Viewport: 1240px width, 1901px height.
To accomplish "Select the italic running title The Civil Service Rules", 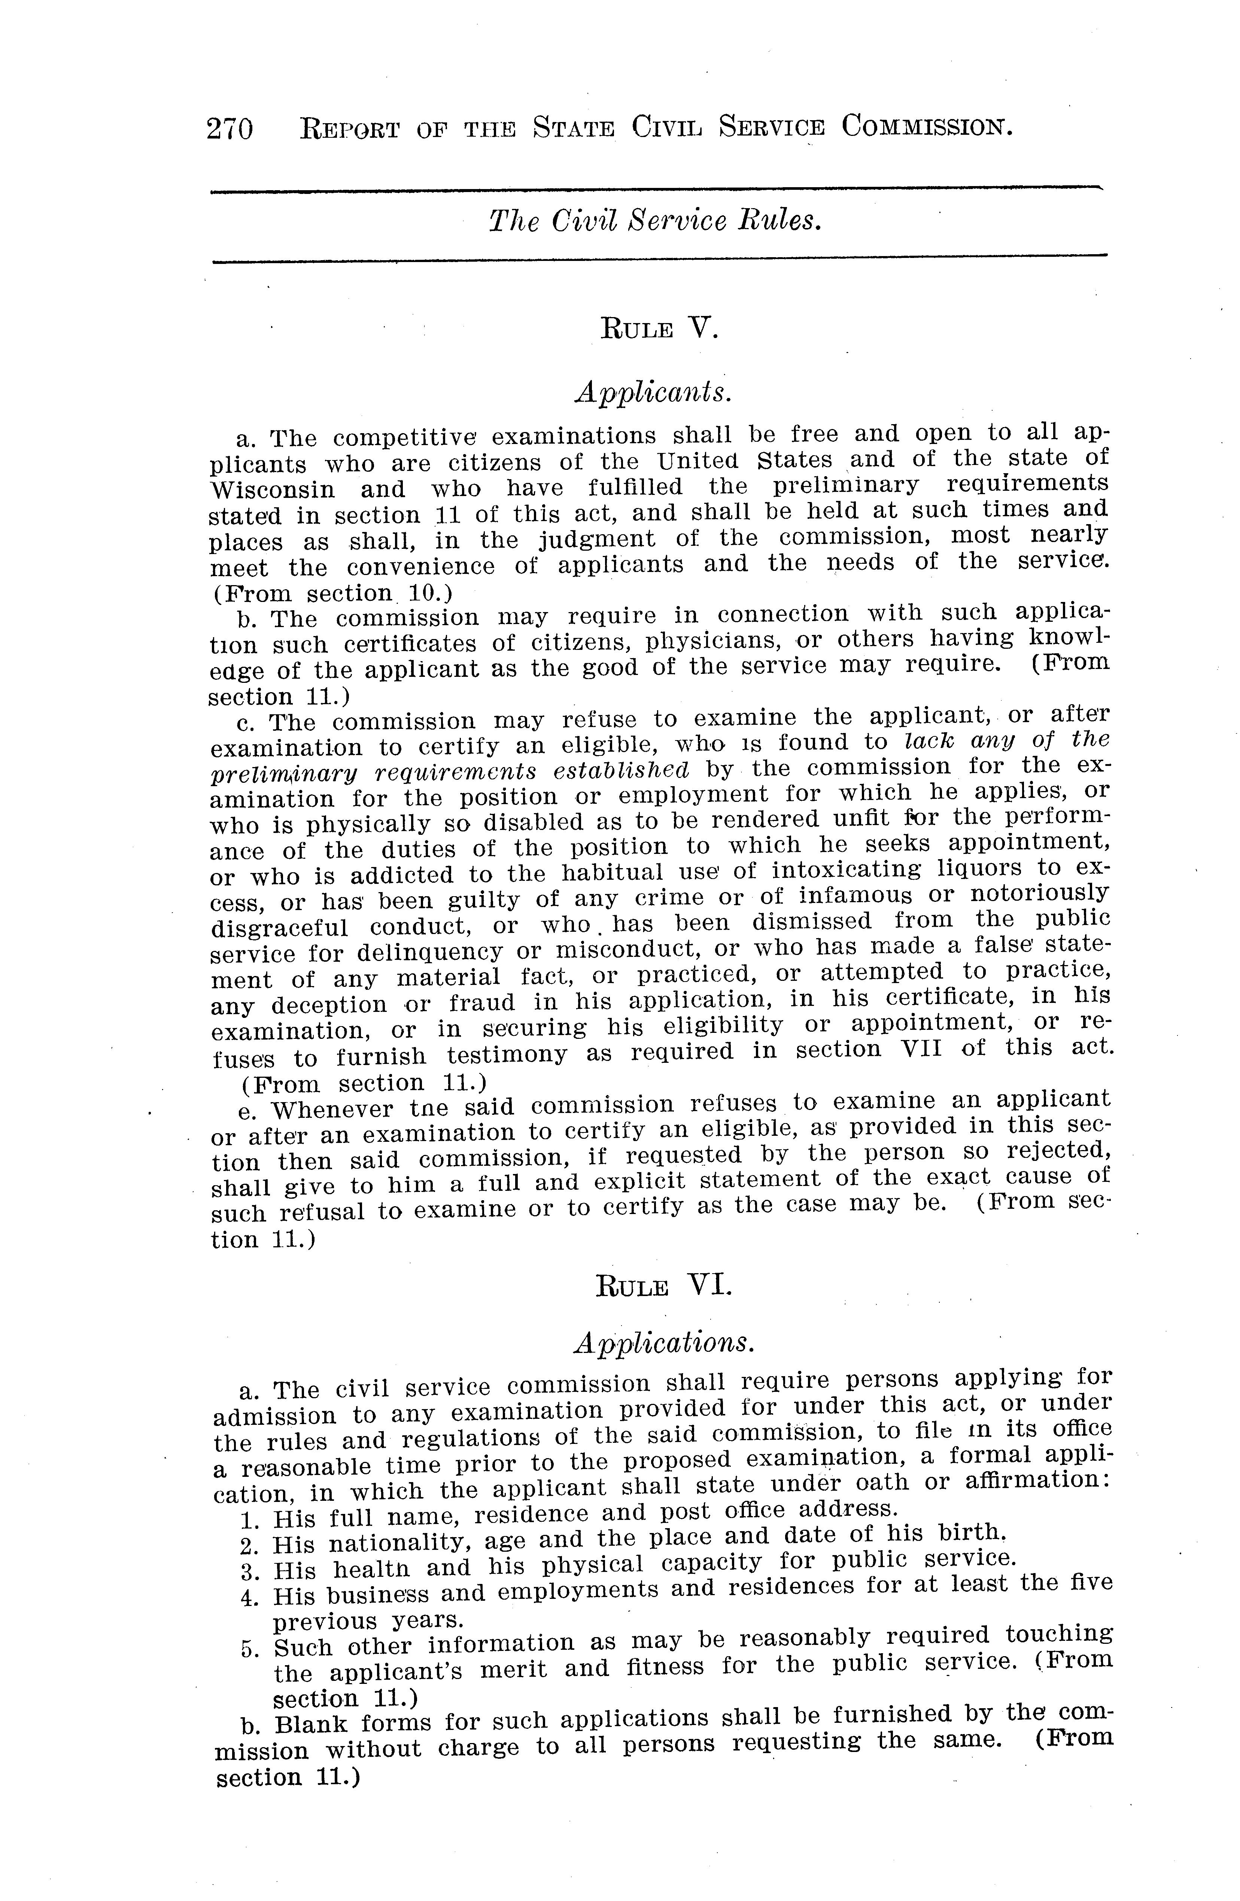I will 655,221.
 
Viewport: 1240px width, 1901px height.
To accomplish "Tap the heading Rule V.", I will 659,328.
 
